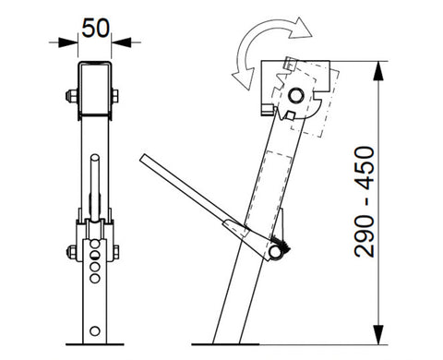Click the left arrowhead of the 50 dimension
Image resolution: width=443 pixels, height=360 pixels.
point(70,40)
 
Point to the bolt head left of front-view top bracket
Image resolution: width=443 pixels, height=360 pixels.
point(69,95)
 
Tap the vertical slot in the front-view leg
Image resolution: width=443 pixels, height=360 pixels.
point(94,185)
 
